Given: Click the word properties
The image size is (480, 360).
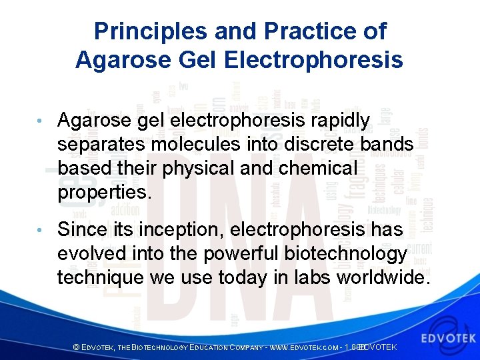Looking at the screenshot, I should tap(105, 193).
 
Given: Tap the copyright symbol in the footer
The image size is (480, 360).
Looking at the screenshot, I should tap(76, 347).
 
